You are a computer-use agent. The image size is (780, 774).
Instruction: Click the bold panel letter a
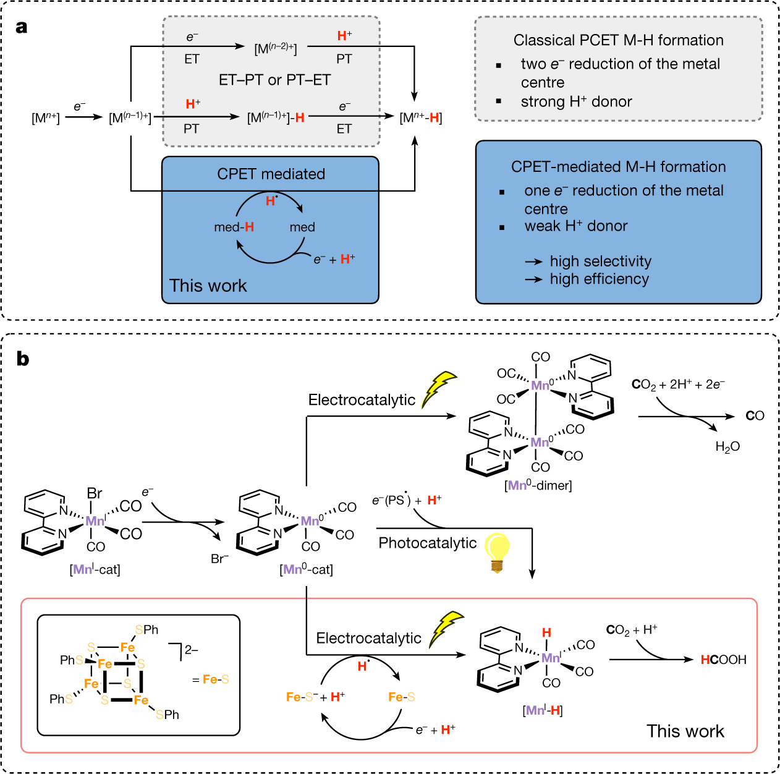pyautogui.click(x=22, y=27)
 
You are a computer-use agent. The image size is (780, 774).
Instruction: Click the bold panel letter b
pyautogui.click(x=23, y=359)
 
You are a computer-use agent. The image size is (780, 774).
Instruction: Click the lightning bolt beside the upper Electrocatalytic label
pyautogui.click(x=438, y=389)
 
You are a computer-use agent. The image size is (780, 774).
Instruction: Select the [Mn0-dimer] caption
pyautogui.click(x=538, y=485)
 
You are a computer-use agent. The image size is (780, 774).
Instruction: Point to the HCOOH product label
pyautogui.click(x=723, y=660)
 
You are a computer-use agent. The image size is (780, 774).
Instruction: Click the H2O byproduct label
pyautogui.click(x=727, y=446)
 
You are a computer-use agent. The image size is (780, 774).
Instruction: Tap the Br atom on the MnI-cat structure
pyautogui.click(x=95, y=493)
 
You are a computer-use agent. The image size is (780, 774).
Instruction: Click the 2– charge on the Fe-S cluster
pyautogui.click(x=191, y=650)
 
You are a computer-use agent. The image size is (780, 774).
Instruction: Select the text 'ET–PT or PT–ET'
pyautogui.click(x=274, y=80)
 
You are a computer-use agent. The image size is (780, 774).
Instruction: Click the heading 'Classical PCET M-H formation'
pyautogui.click(x=618, y=40)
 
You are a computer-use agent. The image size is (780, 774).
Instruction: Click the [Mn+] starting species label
pyautogui.click(x=46, y=117)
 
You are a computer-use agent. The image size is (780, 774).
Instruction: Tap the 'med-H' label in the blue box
pyautogui.click(x=234, y=227)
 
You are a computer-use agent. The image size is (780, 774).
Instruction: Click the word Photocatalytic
pyautogui.click(x=427, y=543)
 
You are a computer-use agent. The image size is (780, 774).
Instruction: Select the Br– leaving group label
pyautogui.click(x=219, y=558)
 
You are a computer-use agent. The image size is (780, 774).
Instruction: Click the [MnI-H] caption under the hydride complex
pyautogui.click(x=543, y=710)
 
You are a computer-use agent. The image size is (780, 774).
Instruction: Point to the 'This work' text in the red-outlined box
pyautogui.click(x=685, y=731)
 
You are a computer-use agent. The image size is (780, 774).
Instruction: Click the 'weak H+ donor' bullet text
pyautogui.click(x=575, y=226)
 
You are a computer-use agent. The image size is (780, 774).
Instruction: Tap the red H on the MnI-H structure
pyautogui.click(x=546, y=632)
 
